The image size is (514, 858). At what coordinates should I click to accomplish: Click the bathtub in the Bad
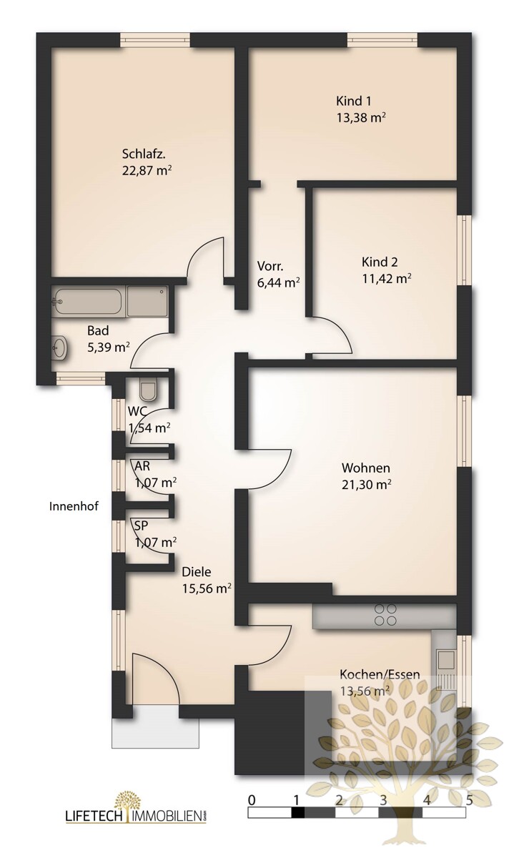click(87, 302)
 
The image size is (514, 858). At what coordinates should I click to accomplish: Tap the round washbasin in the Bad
click(59, 347)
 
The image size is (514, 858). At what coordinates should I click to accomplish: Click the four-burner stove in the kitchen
click(385, 614)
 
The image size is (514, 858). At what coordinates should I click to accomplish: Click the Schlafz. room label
click(144, 154)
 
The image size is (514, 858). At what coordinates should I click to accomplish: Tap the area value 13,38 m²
click(361, 117)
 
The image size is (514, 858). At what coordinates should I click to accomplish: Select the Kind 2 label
click(380, 262)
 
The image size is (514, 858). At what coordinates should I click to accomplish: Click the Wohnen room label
click(366, 468)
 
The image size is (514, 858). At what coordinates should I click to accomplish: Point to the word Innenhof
click(74, 506)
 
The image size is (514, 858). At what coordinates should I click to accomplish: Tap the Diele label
click(196, 572)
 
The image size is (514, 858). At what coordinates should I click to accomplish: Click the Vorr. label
click(270, 266)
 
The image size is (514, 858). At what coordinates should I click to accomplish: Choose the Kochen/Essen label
click(380, 674)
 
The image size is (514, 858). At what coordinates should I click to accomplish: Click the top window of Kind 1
click(382, 40)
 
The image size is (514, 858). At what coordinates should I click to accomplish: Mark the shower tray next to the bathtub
click(147, 302)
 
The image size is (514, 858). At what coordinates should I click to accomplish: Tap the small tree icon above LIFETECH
click(127, 807)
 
